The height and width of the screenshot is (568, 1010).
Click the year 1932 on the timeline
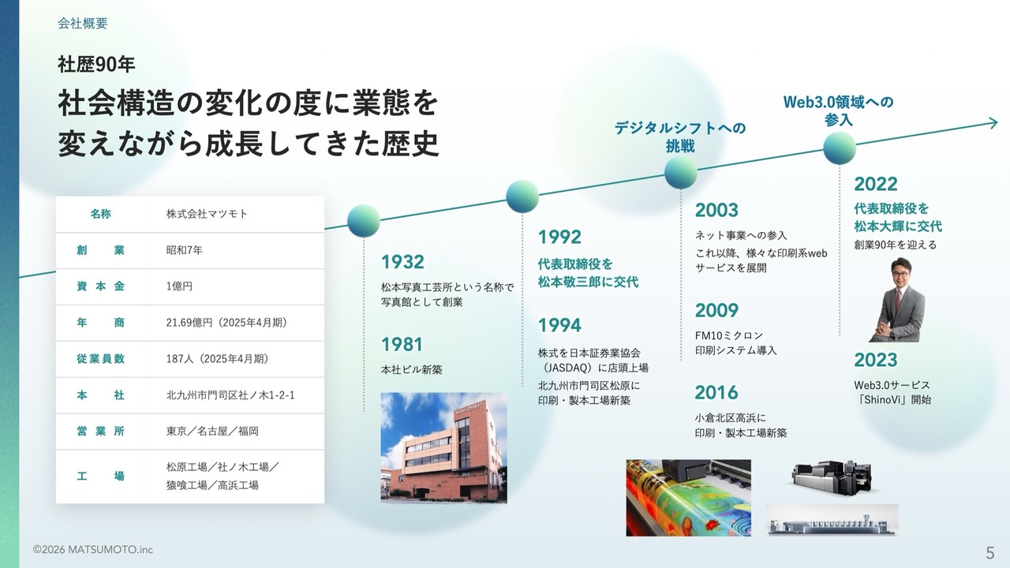[402, 262]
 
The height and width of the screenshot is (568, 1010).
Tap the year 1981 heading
[402, 345]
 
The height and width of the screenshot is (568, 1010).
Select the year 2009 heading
[716, 310]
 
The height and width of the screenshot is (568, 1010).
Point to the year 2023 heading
[876, 360]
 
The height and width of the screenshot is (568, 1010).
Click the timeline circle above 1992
[522, 196]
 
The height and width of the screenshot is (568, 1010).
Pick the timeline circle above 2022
[840, 148]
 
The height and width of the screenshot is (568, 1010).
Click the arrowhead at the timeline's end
[993, 123]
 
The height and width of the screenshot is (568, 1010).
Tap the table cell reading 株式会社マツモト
[207, 214]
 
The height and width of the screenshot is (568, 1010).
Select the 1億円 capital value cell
[179, 286]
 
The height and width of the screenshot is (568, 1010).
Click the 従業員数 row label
[100, 359]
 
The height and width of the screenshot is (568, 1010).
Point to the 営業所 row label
[100, 432]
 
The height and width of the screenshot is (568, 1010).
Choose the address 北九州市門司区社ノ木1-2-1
[230, 395]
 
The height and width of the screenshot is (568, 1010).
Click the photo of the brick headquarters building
[443, 447]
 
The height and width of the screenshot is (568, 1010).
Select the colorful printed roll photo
[689, 498]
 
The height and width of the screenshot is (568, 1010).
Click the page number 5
[990, 553]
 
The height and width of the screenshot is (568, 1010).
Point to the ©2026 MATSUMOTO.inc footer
[93, 550]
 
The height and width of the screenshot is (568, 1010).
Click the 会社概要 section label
[83, 24]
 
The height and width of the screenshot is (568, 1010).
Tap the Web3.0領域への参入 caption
[838, 110]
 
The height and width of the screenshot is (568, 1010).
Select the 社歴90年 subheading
[96, 65]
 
